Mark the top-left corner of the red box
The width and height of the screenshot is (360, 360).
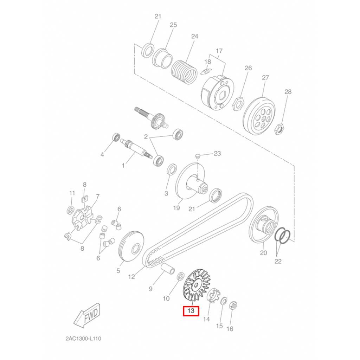(183, 306)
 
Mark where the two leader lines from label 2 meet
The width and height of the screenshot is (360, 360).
(150, 138)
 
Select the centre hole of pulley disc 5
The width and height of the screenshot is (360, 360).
(136, 248)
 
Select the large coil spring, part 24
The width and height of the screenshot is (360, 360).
(184, 72)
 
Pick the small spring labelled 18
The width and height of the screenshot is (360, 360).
(206, 72)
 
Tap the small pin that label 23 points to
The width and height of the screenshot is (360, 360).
(197, 156)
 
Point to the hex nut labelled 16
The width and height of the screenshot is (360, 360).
(233, 305)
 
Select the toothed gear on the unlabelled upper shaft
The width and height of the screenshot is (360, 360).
(158, 121)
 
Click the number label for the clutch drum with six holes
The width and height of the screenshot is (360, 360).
(265, 78)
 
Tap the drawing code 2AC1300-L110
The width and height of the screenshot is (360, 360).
(83, 339)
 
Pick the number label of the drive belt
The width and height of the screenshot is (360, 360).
(131, 277)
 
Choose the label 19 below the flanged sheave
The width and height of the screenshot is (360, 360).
(176, 208)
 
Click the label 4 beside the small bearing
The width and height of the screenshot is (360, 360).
(102, 155)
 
